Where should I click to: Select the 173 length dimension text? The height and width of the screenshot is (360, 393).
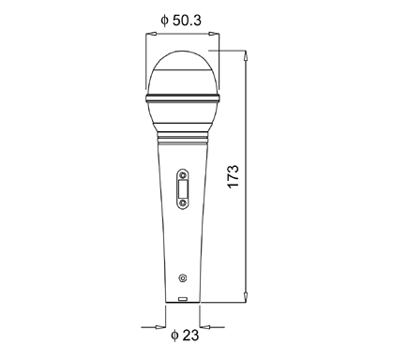point(234,176)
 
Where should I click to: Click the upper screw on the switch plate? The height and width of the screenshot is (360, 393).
point(183,175)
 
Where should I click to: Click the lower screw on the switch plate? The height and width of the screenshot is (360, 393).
point(183,203)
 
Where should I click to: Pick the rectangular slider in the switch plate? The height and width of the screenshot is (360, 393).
point(183,189)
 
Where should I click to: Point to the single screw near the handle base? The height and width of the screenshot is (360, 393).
point(183,277)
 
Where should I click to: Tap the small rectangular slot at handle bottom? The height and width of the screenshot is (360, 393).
point(183,299)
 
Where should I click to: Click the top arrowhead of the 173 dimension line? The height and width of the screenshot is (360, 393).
point(246,56)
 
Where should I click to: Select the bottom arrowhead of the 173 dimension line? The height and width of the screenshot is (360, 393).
point(246,297)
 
